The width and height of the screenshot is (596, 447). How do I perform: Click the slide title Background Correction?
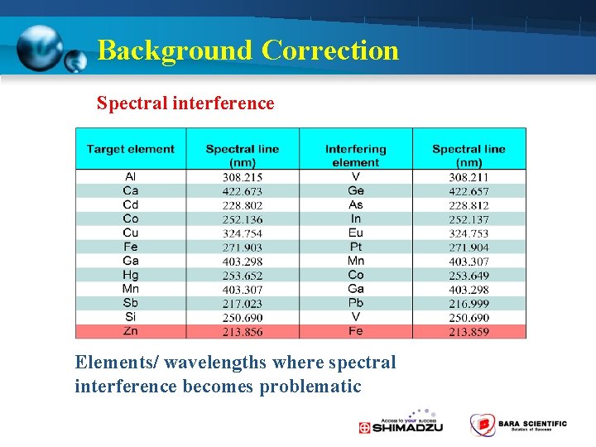(x=248, y=50)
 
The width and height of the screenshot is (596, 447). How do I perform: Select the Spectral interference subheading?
(x=185, y=103)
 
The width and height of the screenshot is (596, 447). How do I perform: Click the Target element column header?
(x=131, y=149)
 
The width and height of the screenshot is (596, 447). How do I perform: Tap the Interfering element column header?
(x=355, y=156)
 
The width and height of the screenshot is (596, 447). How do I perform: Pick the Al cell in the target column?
(x=131, y=177)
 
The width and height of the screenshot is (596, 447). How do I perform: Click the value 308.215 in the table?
(x=243, y=177)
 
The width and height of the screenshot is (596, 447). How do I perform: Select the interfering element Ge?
(x=355, y=191)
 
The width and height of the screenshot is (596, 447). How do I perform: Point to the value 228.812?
(x=469, y=205)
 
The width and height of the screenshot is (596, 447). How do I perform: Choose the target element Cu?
(x=131, y=233)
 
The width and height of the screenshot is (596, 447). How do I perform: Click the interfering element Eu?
(x=355, y=233)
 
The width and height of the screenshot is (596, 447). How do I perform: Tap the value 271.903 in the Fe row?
(x=243, y=248)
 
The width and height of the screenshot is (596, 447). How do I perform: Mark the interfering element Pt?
(x=355, y=248)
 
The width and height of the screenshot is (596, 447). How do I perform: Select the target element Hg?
(x=131, y=275)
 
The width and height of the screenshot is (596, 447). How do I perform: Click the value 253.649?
(x=469, y=276)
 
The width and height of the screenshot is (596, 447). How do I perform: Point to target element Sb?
(x=131, y=303)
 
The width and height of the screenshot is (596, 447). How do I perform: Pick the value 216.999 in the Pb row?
(x=469, y=304)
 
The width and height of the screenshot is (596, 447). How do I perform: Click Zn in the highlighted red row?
(x=131, y=331)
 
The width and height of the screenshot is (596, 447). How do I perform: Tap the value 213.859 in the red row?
(x=469, y=332)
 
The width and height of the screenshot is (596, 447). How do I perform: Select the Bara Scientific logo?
(x=518, y=425)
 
